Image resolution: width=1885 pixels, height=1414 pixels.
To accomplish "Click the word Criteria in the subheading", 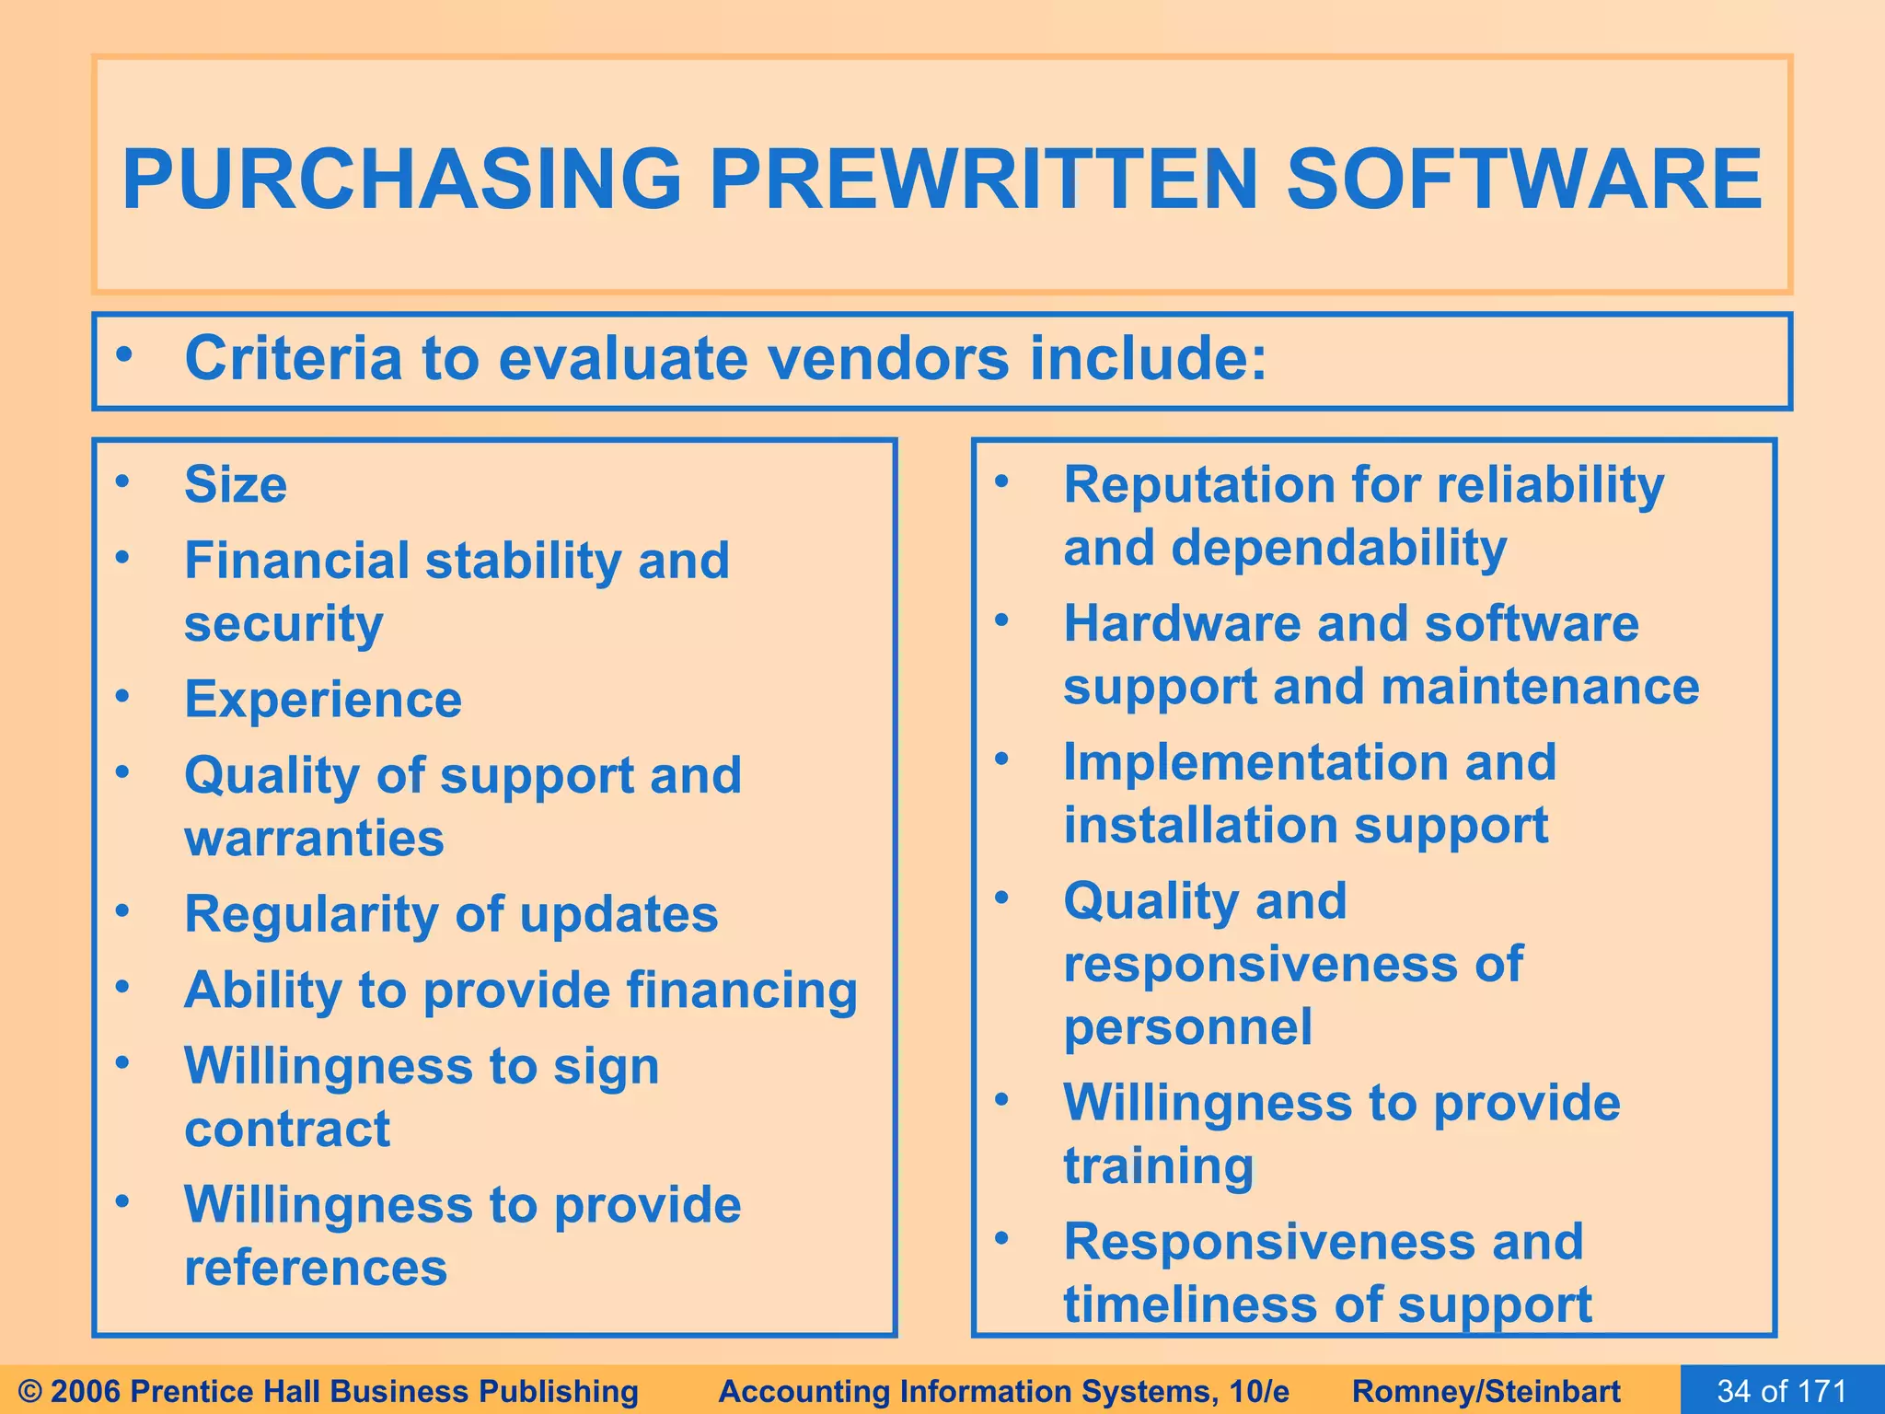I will [294, 358].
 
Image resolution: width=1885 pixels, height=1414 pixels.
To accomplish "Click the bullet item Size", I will [236, 484].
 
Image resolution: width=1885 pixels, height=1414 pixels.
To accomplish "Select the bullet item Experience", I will [323, 700].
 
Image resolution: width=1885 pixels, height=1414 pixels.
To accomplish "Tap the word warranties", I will [314, 839].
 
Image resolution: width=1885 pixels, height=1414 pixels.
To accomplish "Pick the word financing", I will [742, 991].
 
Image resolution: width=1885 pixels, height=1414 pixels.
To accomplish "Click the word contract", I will [287, 1130].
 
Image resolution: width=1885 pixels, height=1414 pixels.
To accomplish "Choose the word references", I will [316, 1268].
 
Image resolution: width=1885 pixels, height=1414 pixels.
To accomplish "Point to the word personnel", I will [1187, 1027].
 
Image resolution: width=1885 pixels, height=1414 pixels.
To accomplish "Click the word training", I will [1158, 1166].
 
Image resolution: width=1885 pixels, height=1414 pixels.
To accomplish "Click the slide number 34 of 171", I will [1782, 1390].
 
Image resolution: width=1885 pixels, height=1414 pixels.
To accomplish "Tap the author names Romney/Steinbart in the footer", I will [1486, 1391].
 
